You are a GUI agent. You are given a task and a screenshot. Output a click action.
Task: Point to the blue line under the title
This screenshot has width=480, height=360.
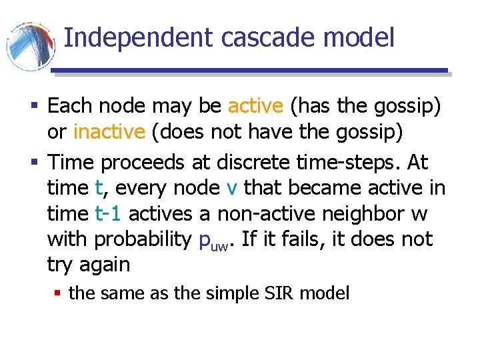[x=250, y=70]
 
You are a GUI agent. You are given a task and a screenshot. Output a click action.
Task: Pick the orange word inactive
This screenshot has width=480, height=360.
[x=109, y=132]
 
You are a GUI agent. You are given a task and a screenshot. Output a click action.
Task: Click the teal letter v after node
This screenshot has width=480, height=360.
[x=231, y=188]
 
